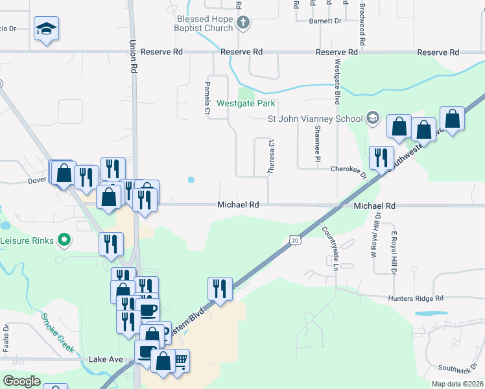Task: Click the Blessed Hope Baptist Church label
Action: click(204, 23)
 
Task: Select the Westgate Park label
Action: click(246, 103)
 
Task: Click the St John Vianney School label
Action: click(316, 119)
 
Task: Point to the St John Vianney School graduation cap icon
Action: click(372, 118)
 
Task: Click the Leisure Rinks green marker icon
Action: click(64, 240)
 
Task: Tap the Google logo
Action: click(22, 381)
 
